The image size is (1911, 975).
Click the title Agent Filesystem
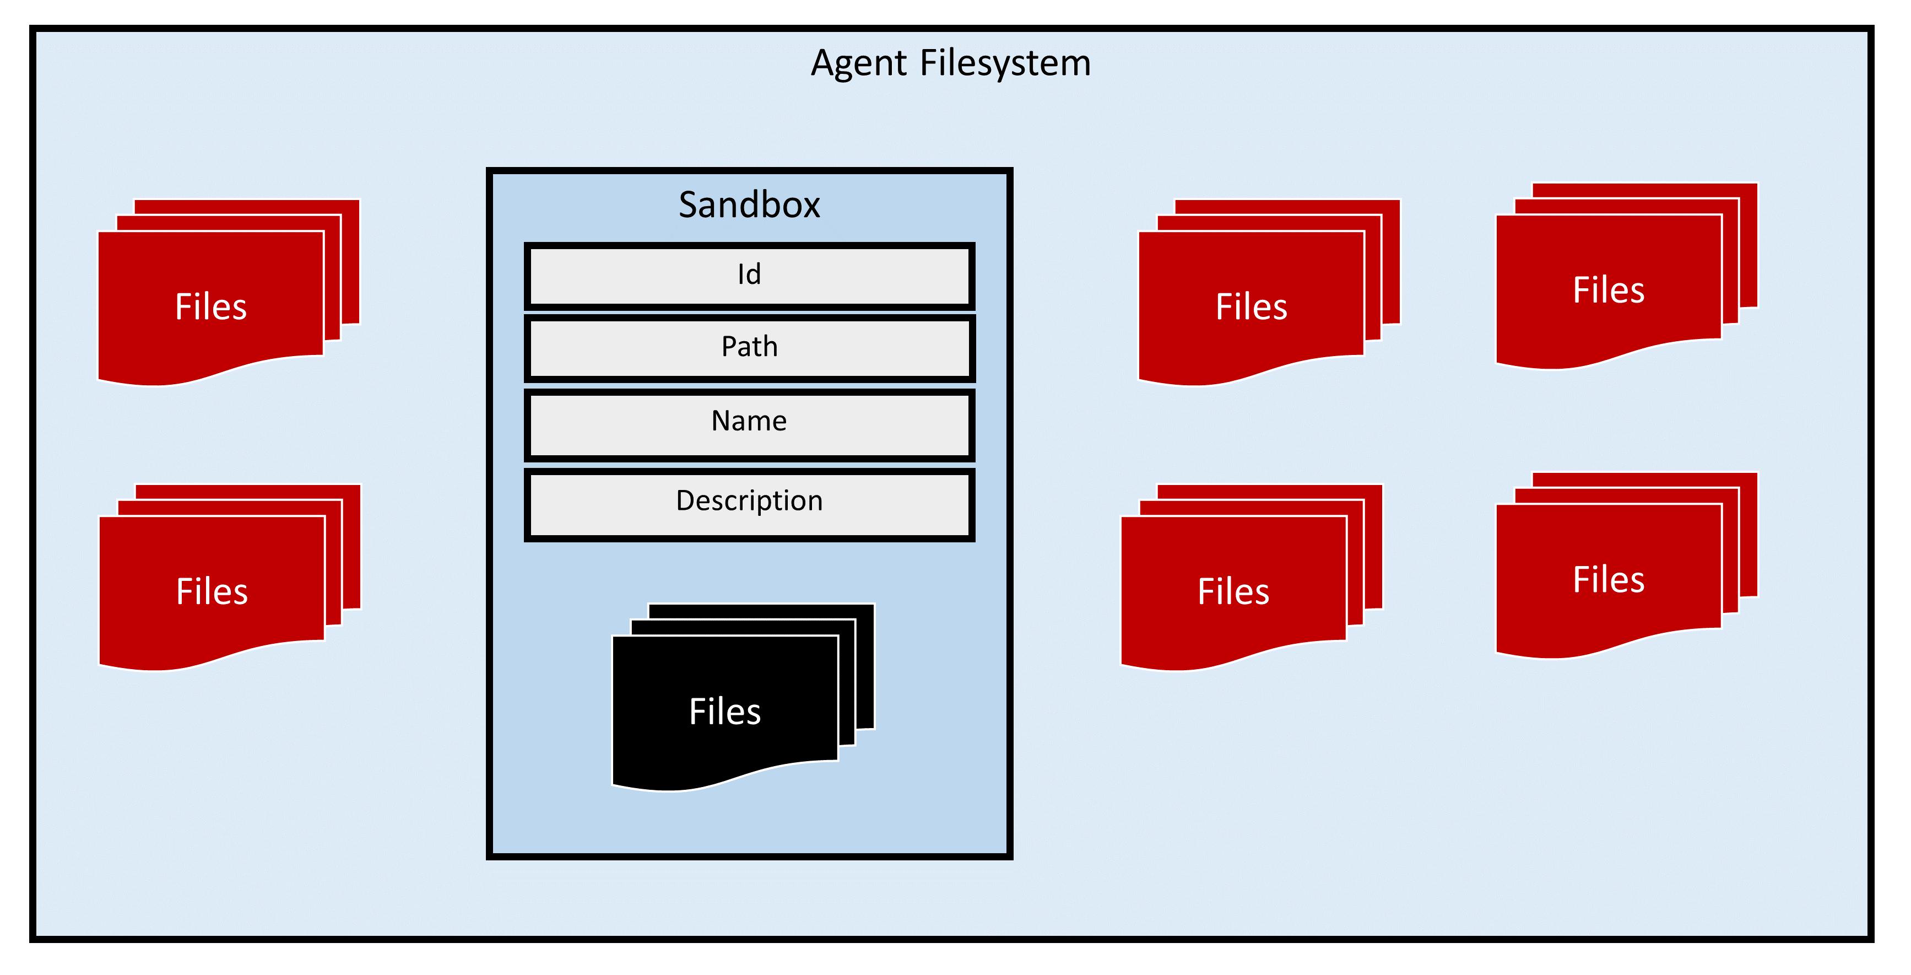[x=950, y=62]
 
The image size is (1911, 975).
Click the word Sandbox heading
[x=749, y=205]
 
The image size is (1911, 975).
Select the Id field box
[x=749, y=275]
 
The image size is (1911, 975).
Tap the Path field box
[x=749, y=347]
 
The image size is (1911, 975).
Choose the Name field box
[x=749, y=423]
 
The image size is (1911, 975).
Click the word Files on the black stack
[x=725, y=712]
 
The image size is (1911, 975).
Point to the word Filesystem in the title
[x=1005, y=62]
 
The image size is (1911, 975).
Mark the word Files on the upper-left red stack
[x=210, y=306]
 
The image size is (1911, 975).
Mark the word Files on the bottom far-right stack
[x=1609, y=579]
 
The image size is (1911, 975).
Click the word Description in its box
[x=749, y=501]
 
